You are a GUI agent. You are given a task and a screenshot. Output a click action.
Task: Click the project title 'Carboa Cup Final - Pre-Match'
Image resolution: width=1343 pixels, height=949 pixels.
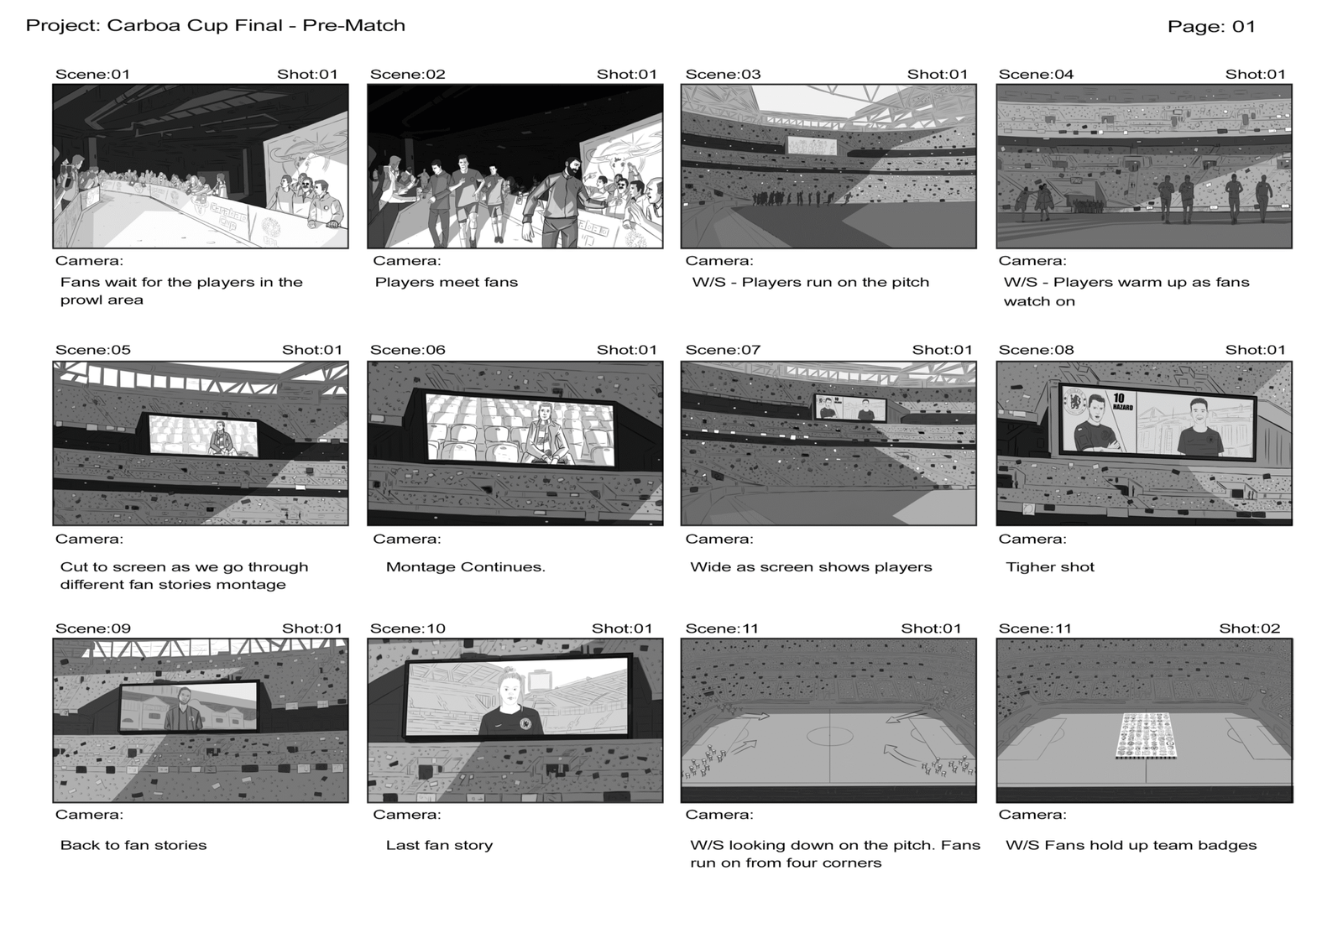pyautogui.click(x=256, y=25)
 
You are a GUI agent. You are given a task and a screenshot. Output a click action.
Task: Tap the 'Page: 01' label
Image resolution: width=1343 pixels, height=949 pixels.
pyautogui.click(x=1211, y=26)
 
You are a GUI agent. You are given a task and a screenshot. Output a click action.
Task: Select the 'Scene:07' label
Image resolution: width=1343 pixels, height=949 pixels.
pyautogui.click(x=723, y=350)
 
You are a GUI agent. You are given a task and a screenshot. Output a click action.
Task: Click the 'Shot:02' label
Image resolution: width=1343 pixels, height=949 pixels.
pyautogui.click(x=1250, y=628)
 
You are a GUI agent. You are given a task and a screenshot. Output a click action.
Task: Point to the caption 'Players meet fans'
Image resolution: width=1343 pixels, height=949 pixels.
pyautogui.click(x=446, y=282)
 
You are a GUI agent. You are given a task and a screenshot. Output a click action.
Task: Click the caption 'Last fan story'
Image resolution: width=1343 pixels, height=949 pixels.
pyautogui.click(x=439, y=845)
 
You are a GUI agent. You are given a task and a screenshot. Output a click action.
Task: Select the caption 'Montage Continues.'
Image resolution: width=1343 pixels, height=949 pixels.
pyautogui.click(x=465, y=566)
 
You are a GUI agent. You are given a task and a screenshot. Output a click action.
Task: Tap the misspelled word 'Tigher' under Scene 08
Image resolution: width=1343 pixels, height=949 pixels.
pyautogui.click(x=1027, y=567)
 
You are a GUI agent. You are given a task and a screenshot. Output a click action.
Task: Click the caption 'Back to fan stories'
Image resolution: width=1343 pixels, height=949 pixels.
pyautogui.click(x=133, y=845)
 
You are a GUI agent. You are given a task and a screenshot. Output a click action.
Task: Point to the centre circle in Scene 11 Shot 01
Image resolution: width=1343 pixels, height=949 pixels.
pyautogui.click(x=830, y=736)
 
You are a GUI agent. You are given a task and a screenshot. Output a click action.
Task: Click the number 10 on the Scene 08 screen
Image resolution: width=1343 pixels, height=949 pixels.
pyautogui.click(x=1119, y=398)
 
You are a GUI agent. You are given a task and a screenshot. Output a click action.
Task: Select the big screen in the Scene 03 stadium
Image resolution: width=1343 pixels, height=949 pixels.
pyautogui.click(x=812, y=146)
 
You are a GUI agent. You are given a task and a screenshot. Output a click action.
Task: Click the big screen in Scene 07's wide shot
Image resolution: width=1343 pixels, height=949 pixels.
pyautogui.click(x=850, y=408)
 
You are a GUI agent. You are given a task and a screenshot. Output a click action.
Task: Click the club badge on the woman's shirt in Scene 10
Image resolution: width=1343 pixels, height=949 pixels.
pyautogui.click(x=525, y=723)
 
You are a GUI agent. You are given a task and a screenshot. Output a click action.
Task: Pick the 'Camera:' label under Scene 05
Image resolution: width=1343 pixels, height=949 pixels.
pyautogui.click(x=89, y=539)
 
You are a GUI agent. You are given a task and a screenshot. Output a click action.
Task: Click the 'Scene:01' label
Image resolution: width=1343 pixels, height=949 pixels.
pyautogui.click(x=92, y=75)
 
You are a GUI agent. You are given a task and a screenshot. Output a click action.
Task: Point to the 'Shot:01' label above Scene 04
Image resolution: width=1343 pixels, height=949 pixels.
pyautogui.click(x=1256, y=75)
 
